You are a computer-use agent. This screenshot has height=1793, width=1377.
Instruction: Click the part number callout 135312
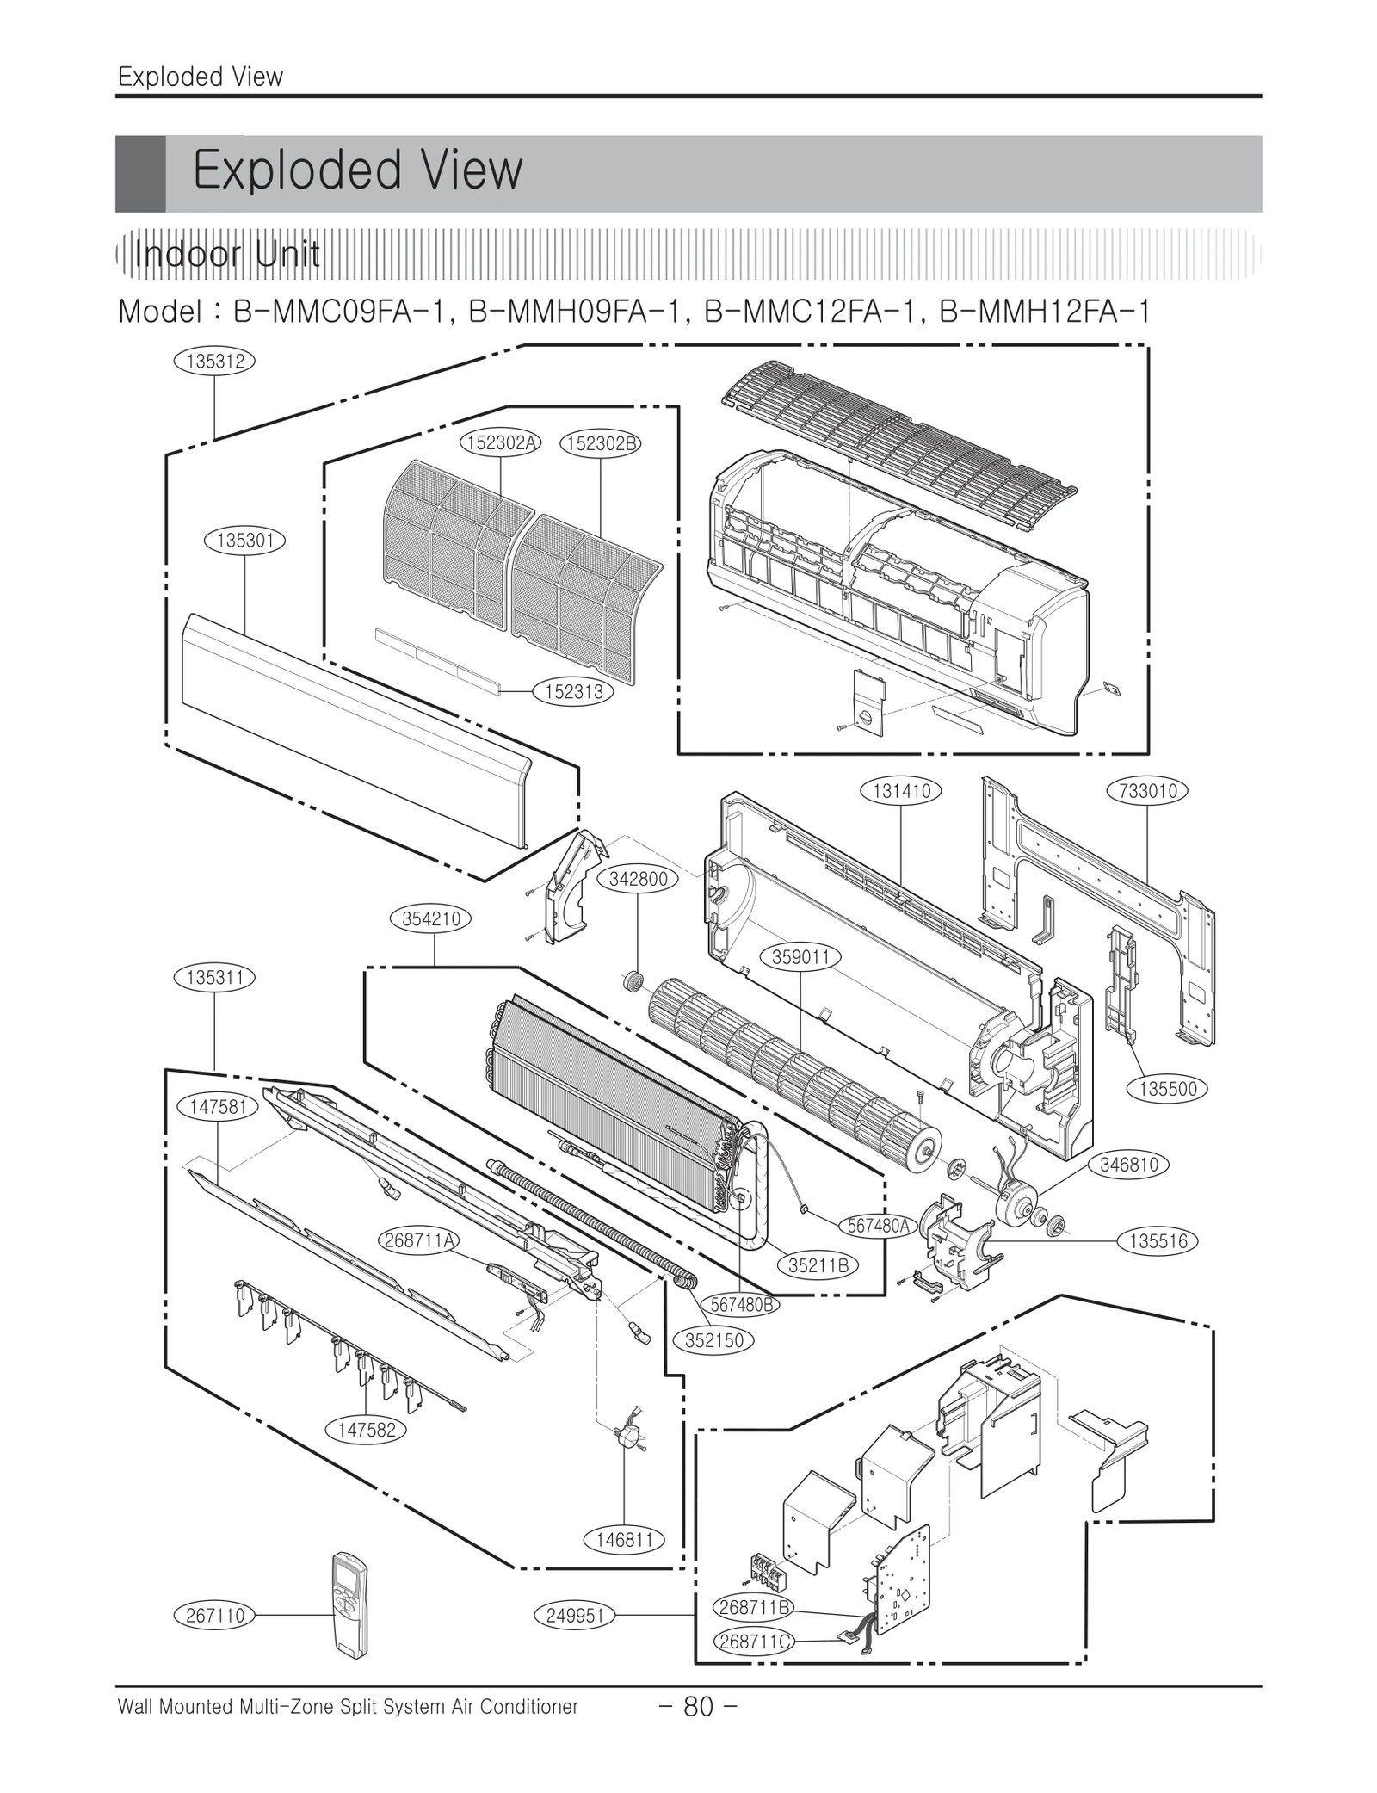(215, 361)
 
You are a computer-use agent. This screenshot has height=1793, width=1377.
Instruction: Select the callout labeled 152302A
(501, 442)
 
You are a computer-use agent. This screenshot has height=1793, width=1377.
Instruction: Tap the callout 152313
(573, 691)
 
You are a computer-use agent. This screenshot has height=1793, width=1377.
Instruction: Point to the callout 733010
(1147, 790)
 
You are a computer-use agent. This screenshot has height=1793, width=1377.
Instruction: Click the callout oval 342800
(638, 879)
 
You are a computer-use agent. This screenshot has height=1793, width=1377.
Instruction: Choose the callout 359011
(800, 957)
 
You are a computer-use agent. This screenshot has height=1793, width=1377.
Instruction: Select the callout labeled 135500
(1167, 1088)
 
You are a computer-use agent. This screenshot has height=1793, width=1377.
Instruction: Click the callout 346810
(1129, 1165)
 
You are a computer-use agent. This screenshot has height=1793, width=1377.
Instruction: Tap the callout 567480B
(744, 1304)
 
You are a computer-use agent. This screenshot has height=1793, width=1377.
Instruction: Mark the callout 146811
(625, 1540)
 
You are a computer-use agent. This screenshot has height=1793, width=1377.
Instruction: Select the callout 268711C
(754, 1642)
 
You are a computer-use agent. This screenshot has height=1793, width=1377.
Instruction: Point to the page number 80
(698, 1706)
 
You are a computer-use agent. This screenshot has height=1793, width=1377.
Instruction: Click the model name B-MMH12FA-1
(1045, 311)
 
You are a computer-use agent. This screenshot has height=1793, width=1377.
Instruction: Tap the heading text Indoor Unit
(227, 255)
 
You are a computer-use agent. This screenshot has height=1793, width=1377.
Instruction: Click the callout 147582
(366, 1430)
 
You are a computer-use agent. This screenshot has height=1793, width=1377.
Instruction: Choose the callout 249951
(575, 1616)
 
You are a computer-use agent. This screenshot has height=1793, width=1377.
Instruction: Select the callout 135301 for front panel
(245, 541)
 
